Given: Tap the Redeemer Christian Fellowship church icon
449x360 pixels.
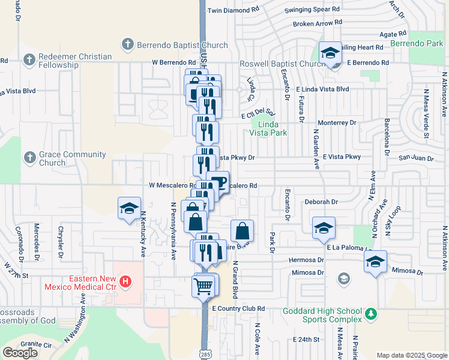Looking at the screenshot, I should [x=28, y=60].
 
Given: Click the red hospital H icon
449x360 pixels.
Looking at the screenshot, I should [x=125, y=281].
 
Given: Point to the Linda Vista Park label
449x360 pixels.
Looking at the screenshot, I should [x=268, y=128].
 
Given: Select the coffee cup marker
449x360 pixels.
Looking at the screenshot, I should [x=218, y=182].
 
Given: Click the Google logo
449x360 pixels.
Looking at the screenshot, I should [x=20, y=352].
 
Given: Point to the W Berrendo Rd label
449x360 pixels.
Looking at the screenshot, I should [x=174, y=62].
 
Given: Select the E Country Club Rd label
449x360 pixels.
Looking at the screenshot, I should [x=238, y=308].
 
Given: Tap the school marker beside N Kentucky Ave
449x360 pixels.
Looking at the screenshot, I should [x=129, y=208].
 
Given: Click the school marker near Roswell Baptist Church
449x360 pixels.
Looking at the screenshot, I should [x=330, y=53].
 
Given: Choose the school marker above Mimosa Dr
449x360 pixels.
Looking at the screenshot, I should [x=375, y=262].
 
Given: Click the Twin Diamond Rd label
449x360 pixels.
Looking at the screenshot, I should [x=234, y=10].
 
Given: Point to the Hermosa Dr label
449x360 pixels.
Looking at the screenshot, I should [x=306, y=260].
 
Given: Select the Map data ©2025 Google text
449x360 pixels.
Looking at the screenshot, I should [x=411, y=355].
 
